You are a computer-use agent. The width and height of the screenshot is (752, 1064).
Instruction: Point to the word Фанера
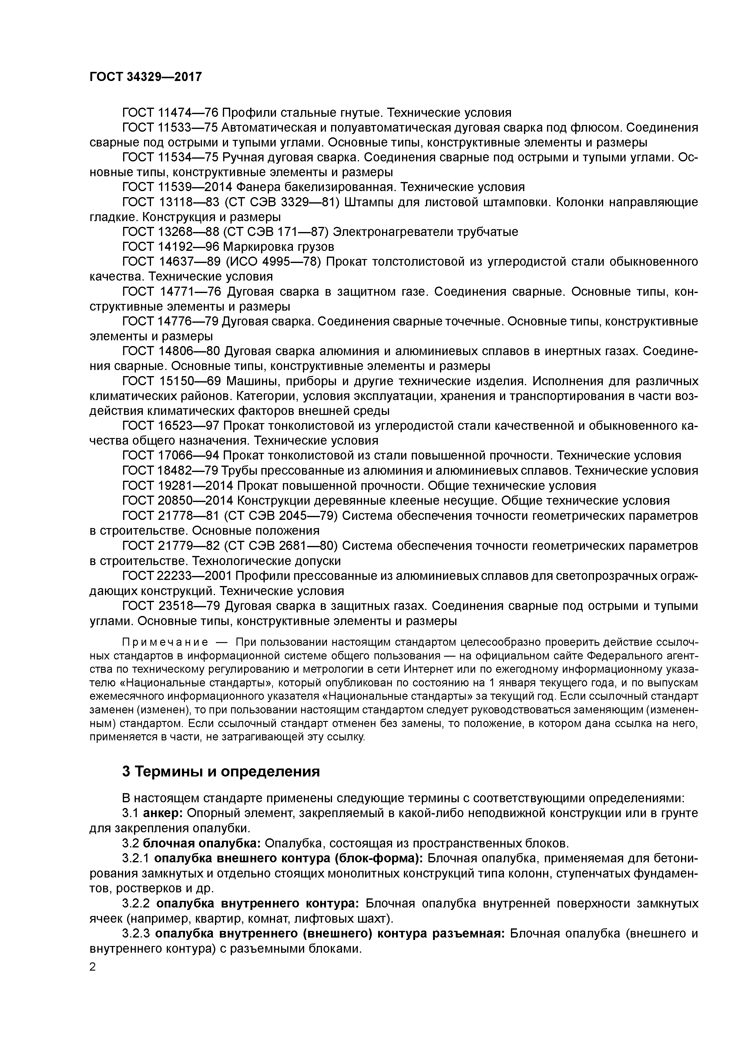257,187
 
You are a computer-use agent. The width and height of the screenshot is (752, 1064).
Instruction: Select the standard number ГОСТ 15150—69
171,381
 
